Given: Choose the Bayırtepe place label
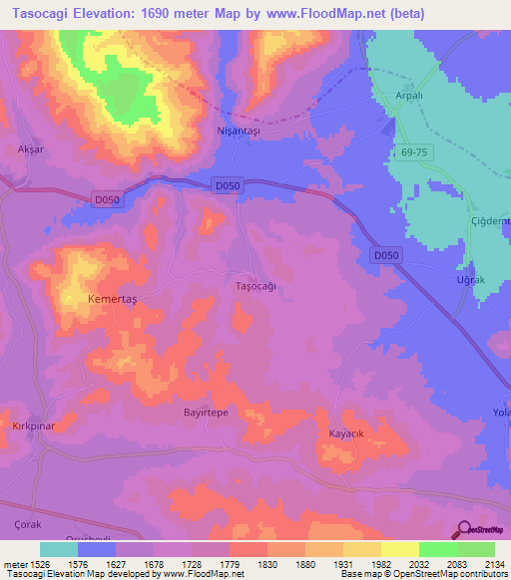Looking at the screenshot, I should [207, 411].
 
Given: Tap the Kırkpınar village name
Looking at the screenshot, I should [31, 426].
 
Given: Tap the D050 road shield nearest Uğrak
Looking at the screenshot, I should [387, 256].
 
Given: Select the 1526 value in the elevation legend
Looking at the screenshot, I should [41, 564].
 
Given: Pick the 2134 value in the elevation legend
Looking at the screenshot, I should [493, 564].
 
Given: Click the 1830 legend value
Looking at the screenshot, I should [266, 564].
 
